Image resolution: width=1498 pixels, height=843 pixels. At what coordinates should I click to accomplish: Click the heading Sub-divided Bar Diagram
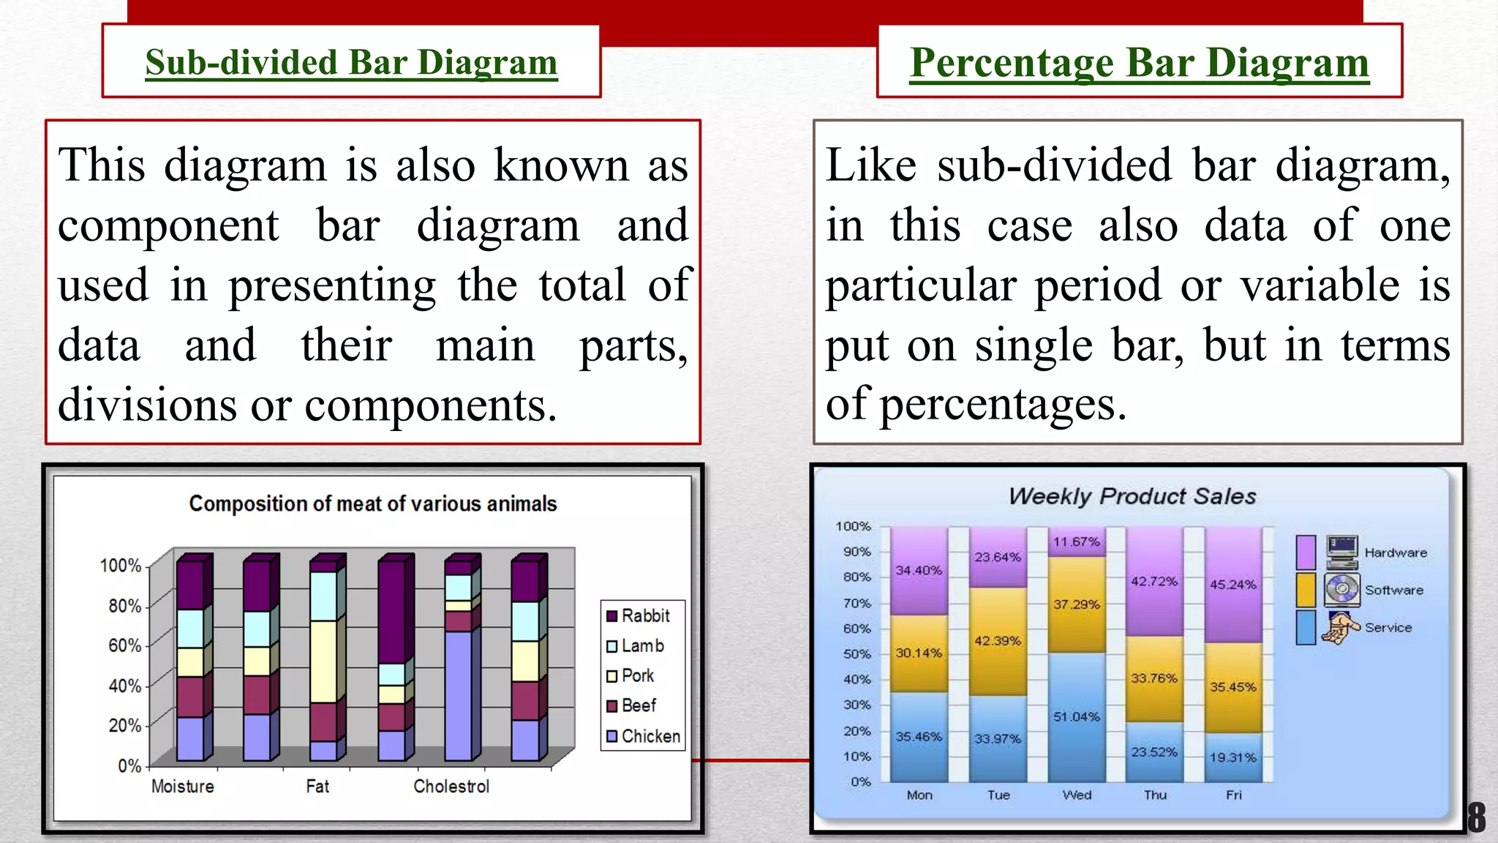pos(351,62)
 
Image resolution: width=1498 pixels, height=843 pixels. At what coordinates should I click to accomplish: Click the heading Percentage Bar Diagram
pos(1139,62)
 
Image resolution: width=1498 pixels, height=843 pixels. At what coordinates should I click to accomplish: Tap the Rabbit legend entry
pos(639,615)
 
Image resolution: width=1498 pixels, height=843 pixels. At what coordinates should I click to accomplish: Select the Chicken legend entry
pos(644,736)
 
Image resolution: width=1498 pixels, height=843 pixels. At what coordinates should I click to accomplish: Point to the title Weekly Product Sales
pos(1132,496)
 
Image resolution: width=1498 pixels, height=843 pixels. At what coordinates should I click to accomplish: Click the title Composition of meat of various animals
pos(372,503)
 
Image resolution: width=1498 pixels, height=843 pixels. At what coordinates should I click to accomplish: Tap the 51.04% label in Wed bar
pos(1076,716)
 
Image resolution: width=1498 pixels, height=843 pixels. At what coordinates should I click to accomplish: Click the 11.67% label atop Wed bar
pos(1076,542)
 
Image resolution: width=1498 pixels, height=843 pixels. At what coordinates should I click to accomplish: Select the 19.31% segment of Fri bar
pos(1232,757)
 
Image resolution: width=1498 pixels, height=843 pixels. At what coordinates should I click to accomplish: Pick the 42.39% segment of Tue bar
pos(998,641)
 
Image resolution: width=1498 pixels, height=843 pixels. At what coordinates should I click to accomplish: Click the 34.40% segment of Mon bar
pos(919,570)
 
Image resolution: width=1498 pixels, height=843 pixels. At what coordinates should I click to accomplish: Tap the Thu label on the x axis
pos(1155,795)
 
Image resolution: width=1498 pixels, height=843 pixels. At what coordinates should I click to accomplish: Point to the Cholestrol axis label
pos(451,786)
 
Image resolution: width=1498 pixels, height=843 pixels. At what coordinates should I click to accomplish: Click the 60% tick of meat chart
pos(124,645)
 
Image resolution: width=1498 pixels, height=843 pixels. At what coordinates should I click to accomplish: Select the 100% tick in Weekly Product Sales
pos(853,526)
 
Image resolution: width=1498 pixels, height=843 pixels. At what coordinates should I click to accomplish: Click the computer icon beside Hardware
pos(1341,552)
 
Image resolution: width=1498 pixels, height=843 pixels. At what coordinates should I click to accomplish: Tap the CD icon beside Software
pos(1341,590)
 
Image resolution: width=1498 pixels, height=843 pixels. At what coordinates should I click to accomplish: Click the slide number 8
pos(1477,817)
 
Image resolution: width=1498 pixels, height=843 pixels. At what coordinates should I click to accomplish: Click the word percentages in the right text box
pos(1002,404)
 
